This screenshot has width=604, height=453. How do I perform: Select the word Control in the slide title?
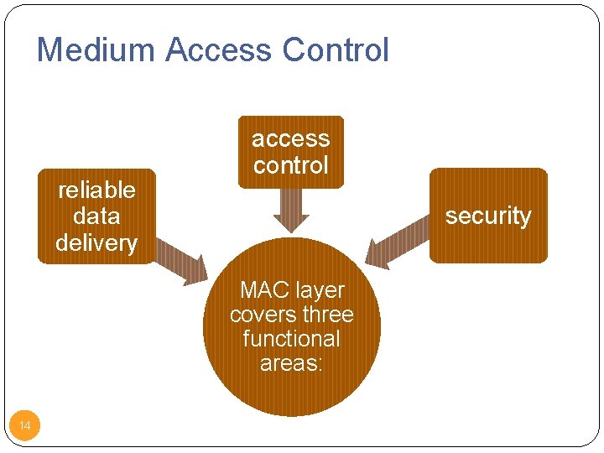336,50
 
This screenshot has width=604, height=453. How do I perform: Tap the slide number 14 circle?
25,426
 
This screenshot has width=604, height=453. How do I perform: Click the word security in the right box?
488,216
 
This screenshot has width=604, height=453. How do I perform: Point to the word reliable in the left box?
96,190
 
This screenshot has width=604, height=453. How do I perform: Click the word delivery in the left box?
96,243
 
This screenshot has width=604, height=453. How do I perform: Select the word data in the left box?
96,216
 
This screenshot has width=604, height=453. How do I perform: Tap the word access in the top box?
291,138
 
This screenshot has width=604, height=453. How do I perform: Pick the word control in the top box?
291,165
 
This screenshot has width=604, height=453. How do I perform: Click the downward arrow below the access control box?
291,210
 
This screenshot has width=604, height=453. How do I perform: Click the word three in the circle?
329,315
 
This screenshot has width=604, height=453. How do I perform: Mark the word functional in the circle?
291,339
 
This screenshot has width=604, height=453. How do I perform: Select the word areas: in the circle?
291,363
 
